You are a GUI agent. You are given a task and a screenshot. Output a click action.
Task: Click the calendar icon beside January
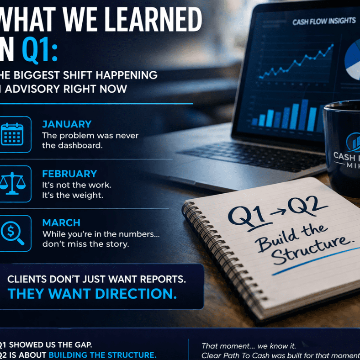pyautogui.click(x=12, y=134)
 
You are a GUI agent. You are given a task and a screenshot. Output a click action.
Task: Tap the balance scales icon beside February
pyautogui.click(x=12, y=184)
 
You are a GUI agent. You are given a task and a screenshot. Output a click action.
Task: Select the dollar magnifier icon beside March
pyautogui.click(x=12, y=233)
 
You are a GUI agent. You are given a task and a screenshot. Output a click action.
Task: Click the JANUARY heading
pyautogui.click(x=67, y=124)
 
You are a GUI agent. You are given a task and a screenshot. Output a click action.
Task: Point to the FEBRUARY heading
pyautogui.click(x=69, y=174)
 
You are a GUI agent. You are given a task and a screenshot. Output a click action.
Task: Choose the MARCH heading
pyautogui.click(x=61, y=223)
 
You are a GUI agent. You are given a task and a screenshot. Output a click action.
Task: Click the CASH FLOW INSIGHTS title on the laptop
pyautogui.click(x=323, y=21)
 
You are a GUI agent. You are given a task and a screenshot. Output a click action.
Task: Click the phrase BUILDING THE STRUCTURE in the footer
pyautogui.click(x=102, y=355)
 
